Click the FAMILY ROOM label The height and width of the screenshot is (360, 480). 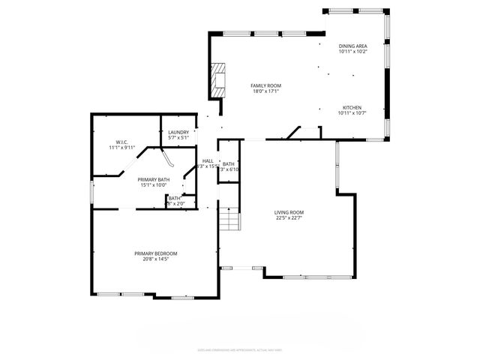click(x=265, y=85)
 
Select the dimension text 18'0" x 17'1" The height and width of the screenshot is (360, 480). click(x=265, y=91)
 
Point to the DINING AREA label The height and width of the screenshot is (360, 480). click(x=352, y=45)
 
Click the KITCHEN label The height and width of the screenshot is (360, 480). click(x=352, y=107)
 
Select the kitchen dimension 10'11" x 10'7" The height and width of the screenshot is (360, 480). click(x=352, y=113)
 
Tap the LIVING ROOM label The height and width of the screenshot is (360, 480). click(x=289, y=212)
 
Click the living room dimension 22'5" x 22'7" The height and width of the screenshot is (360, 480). click(x=289, y=218)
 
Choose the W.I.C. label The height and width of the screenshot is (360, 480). click(x=122, y=142)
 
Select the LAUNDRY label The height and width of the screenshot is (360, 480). click(x=178, y=132)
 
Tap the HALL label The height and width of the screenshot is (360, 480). click(x=208, y=160)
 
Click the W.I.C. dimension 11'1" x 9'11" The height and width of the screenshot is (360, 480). click(x=122, y=148)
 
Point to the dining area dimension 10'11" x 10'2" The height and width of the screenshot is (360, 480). click(x=352, y=51)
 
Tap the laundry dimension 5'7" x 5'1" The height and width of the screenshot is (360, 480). click(x=178, y=138)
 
